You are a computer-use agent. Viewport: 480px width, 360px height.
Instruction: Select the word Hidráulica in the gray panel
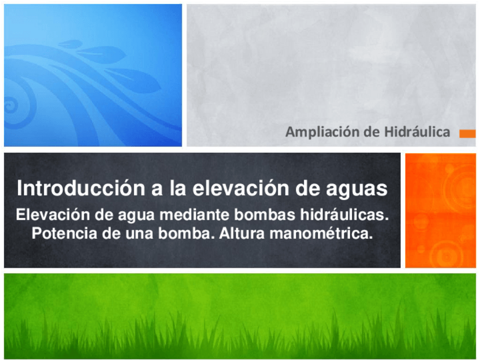coord(417,132)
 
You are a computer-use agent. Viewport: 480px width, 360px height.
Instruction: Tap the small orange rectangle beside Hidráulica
coord(468,134)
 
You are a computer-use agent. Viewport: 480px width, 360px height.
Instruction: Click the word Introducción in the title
coord(81,188)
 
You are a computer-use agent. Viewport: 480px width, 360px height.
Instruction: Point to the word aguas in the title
coord(357,190)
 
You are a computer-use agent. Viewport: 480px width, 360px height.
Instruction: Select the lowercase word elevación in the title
coord(241,188)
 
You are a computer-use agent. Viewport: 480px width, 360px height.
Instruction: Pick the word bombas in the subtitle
coord(265,215)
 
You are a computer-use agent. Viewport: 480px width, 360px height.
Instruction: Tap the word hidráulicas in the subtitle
coord(344,215)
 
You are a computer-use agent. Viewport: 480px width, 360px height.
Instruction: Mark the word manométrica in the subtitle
coord(321,233)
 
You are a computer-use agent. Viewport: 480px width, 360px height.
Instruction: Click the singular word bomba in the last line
coord(186,233)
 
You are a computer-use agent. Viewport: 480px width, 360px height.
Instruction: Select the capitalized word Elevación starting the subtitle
coord(53,215)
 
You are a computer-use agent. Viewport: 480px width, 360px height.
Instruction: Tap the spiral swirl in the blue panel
coord(12,105)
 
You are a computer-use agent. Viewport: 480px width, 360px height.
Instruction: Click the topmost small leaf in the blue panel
coord(70,44)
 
